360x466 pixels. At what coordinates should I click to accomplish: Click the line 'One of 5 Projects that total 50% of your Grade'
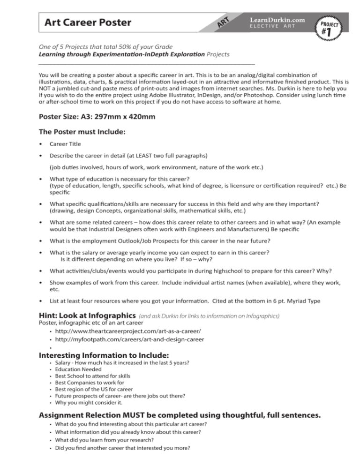pos(105,46)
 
